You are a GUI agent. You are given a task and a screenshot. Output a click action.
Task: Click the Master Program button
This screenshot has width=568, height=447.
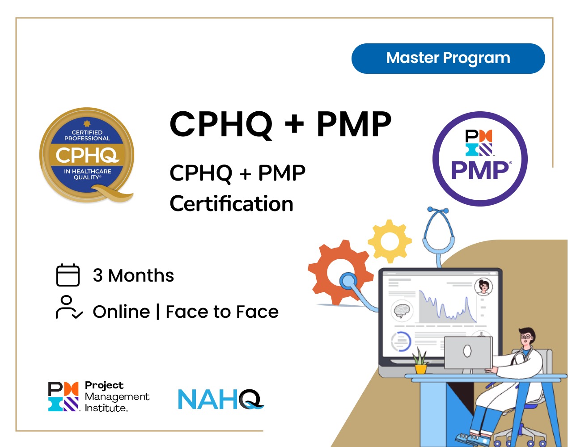448,59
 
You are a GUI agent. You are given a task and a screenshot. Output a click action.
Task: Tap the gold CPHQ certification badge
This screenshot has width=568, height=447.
87,155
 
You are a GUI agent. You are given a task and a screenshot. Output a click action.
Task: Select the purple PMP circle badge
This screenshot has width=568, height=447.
480,159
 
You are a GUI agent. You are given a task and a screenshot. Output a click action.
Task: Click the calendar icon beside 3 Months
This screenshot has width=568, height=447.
68,275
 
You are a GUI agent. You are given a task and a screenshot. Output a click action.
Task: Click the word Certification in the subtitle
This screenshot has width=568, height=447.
231,204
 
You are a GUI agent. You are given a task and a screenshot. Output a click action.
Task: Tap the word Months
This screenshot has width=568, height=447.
141,275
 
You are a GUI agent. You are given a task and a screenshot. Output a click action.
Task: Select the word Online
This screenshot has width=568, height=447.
121,312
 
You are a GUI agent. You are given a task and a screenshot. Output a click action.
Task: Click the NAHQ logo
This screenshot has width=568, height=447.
220,399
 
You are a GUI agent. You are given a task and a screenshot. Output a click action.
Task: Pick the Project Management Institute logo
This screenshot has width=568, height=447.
99,396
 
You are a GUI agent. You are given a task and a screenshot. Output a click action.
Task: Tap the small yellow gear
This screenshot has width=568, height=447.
390,241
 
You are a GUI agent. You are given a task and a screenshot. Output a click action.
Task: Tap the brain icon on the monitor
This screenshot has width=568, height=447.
402,310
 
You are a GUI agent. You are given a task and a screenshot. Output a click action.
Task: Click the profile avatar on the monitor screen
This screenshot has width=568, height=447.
483,287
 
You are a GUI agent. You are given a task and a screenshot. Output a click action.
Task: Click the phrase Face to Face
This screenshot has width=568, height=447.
222,312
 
